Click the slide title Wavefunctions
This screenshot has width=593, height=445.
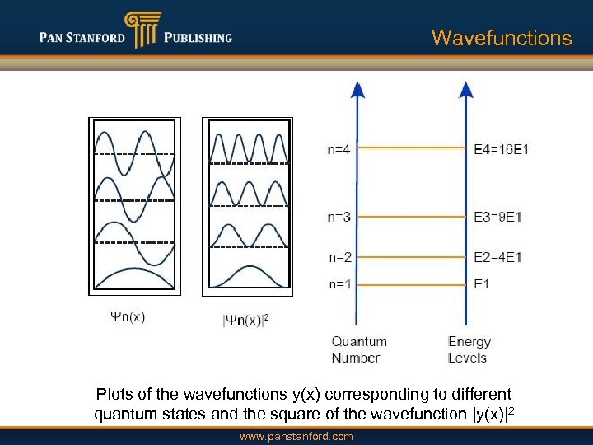coord(501,38)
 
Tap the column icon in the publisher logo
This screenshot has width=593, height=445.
coord(142,30)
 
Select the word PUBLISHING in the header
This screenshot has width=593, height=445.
coord(198,38)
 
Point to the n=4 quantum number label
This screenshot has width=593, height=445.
coord(339,149)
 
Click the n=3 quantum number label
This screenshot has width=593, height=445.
coord(339,217)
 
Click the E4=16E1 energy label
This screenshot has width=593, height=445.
coord(501,149)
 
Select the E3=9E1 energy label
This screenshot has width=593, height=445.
coord(497,217)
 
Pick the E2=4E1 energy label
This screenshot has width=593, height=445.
coord(497,257)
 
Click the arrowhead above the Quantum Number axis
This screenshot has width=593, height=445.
coord(357,89)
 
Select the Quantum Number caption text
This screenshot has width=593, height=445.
coord(358,349)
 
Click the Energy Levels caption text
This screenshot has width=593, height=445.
coord(469,349)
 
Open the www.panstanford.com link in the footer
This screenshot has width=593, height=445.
coord(296,436)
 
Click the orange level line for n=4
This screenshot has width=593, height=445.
coord(412,148)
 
